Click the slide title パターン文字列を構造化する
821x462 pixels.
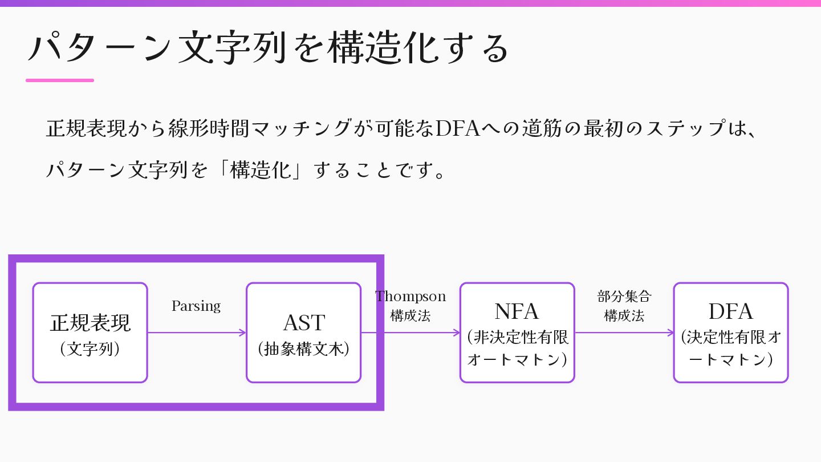click(x=268, y=48)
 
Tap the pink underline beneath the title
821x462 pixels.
click(x=60, y=80)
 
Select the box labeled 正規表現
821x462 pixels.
click(x=90, y=332)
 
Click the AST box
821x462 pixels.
click(x=303, y=332)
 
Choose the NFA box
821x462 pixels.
click(x=517, y=332)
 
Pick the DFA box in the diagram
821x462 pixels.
click(x=730, y=332)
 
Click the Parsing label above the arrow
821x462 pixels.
click(x=196, y=306)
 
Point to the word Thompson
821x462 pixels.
click(x=410, y=297)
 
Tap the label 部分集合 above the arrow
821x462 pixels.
click(x=624, y=297)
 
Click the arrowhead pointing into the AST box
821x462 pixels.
click(x=243, y=333)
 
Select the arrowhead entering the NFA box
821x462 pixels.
click(x=457, y=333)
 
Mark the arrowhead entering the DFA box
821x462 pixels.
click(x=670, y=333)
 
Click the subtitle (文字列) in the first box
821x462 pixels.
click(x=90, y=349)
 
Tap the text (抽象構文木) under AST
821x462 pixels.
click(x=303, y=349)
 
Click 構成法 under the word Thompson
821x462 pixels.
click(x=410, y=315)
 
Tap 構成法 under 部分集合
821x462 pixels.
click(x=624, y=315)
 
